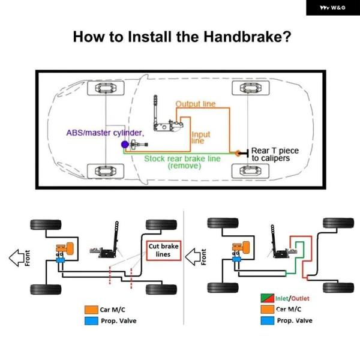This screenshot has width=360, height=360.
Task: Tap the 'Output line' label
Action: point(195,104)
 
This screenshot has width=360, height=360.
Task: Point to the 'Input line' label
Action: point(200,138)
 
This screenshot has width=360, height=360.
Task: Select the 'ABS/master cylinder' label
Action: point(105,132)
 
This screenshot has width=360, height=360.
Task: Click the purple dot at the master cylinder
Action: point(124,145)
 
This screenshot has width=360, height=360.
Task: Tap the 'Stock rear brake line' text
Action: point(182,159)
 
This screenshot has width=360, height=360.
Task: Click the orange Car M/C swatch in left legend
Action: point(91,310)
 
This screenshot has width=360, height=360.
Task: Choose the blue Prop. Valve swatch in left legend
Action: point(91,321)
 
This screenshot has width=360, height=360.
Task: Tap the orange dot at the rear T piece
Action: point(238,153)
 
